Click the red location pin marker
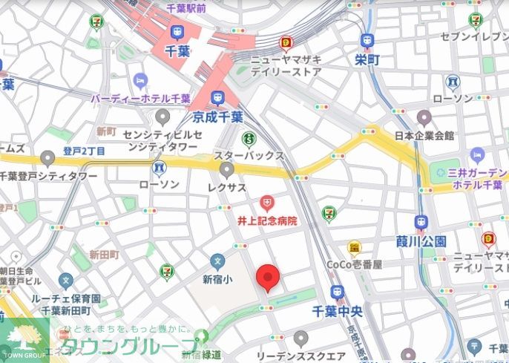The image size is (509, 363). click(x=268, y=278)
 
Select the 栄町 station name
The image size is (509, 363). click(x=367, y=59)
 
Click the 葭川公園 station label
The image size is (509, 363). click(x=421, y=241)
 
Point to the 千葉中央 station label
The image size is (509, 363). click(x=338, y=312)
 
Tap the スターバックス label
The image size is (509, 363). click(x=249, y=156)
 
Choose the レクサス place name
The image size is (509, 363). click(x=226, y=188)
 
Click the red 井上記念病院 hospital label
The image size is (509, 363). click(x=266, y=220)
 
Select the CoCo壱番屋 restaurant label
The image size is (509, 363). click(x=355, y=264)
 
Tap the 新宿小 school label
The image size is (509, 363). click(x=217, y=279)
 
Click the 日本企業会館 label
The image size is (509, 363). click(x=424, y=136)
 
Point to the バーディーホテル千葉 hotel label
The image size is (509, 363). click(x=141, y=97)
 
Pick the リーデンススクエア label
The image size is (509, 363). click(x=300, y=356)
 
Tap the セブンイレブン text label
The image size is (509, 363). click(x=475, y=36)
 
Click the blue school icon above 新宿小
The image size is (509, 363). click(x=217, y=261)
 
